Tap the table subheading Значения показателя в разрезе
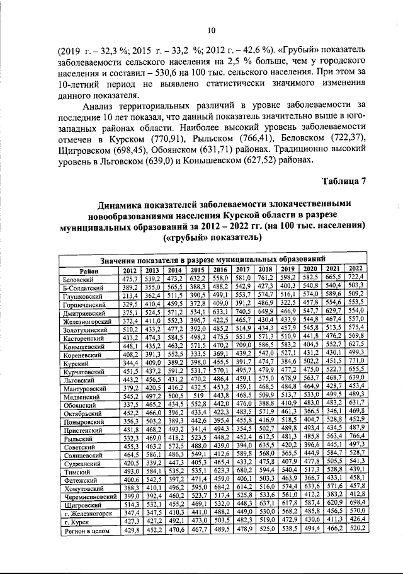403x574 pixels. (164, 259)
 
